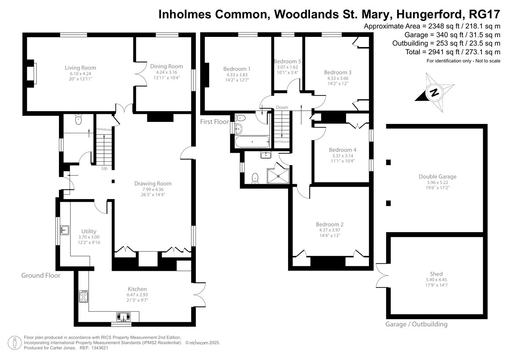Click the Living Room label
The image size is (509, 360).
pos(81,68)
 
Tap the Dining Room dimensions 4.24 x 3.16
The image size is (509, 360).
pos(167,72)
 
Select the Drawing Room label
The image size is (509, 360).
pos(153,183)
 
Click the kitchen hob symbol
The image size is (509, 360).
pos(84,296)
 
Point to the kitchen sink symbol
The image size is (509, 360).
pos(123,317)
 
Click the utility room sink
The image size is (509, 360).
pos(65,230)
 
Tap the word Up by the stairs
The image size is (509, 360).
pos(104,168)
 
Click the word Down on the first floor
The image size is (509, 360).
pos(282,107)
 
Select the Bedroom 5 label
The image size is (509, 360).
pos(288,62)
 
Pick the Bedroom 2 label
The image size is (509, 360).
pos(330,224)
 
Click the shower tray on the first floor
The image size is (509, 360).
pos(278,176)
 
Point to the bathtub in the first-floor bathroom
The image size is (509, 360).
pos(252,142)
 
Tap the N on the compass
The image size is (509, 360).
pos(434,93)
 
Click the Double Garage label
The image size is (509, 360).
pos(437,177)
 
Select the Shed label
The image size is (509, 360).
pos(436,274)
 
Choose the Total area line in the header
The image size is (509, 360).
pos(453,52)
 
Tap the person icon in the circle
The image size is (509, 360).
pos(15,343)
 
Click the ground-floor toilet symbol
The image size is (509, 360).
pos(78,119)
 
